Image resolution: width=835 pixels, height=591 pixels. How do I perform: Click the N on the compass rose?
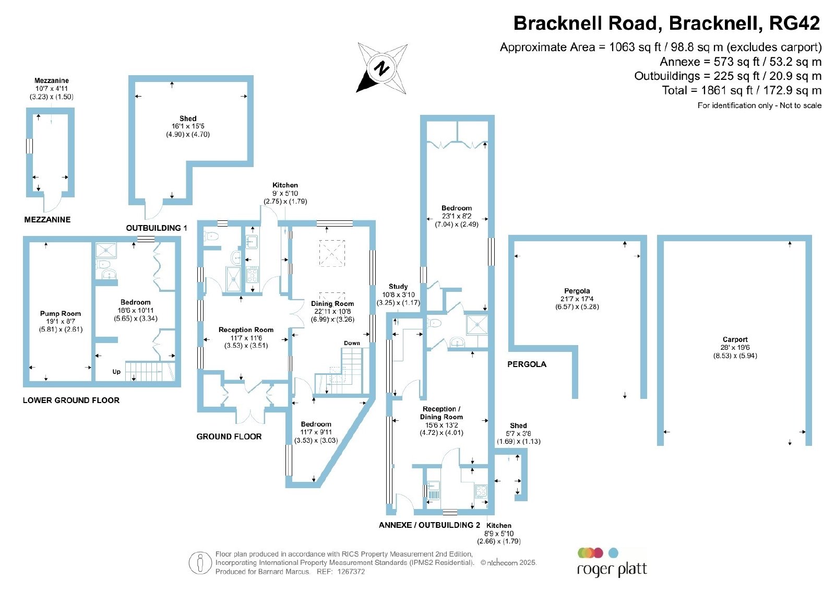click(381, 68)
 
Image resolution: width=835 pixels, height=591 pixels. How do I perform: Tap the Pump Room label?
click(61, 314)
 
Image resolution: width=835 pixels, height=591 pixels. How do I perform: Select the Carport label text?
click(735, 339)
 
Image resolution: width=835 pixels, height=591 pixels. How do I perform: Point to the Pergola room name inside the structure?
click(577, 291)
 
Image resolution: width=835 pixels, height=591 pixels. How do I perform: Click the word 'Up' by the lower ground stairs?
click(116, 372)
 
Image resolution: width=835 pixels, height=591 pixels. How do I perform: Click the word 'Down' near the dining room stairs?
click(352, 343)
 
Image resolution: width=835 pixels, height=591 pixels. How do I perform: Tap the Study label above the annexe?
click(398, 287)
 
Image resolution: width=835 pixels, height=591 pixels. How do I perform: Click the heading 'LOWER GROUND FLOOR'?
click(71, 400)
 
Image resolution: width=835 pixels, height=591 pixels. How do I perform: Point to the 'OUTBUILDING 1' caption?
click(157, 228)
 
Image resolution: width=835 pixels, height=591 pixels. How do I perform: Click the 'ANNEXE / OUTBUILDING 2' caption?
click(430, 525)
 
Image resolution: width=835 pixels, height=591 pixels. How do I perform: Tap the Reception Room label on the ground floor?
click(246, 329)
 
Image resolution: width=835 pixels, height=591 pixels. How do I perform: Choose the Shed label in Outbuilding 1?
click(188, 118)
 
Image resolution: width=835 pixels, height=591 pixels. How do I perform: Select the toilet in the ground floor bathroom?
click(211, 235)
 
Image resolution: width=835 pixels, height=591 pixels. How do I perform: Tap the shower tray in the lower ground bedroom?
click(106, 250)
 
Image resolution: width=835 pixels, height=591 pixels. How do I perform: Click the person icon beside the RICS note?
click(200, 563)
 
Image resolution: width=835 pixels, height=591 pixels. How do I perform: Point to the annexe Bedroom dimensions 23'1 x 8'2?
click(457, 216)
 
